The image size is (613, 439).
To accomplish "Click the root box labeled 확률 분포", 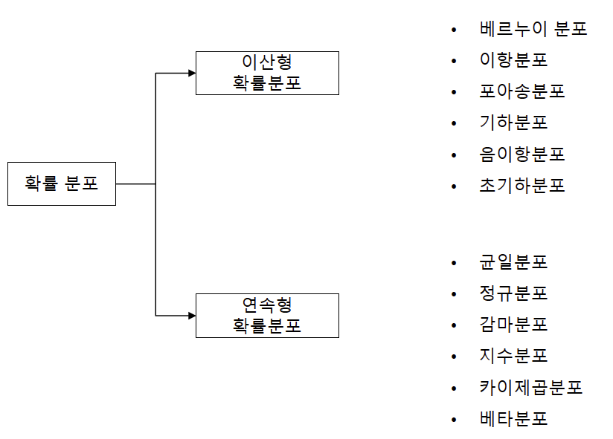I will coord(62,183).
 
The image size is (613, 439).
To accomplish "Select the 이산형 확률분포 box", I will coord(267,73).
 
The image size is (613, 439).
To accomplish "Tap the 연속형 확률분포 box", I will coord(267,315).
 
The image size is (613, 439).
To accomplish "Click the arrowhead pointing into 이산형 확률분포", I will coord(191,73).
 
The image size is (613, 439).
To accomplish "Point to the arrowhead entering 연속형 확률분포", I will coord(191,315).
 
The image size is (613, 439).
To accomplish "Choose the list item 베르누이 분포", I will coord(533,30).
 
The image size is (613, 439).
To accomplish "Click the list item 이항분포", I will coord(514,61).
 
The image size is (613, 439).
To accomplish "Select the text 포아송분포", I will coord(522,92).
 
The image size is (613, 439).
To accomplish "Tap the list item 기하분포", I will coord(514,123).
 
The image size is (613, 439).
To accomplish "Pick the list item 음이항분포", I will coord(522,155).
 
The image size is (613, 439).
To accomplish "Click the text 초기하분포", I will coord(522,186).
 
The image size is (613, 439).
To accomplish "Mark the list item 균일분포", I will coord(514,262).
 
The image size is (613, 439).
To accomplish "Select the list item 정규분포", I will coord(514,293).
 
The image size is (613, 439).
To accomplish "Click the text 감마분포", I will coord(514,325).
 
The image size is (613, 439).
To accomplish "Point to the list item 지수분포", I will coord(514,356).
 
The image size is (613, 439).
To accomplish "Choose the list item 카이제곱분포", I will coord(531,388).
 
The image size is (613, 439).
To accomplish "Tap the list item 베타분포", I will coord(514,419).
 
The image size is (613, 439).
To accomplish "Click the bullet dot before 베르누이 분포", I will coord(453,30).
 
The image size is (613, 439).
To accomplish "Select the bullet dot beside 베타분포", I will coord(453,420).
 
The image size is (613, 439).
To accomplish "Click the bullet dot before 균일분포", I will coord(453,263).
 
